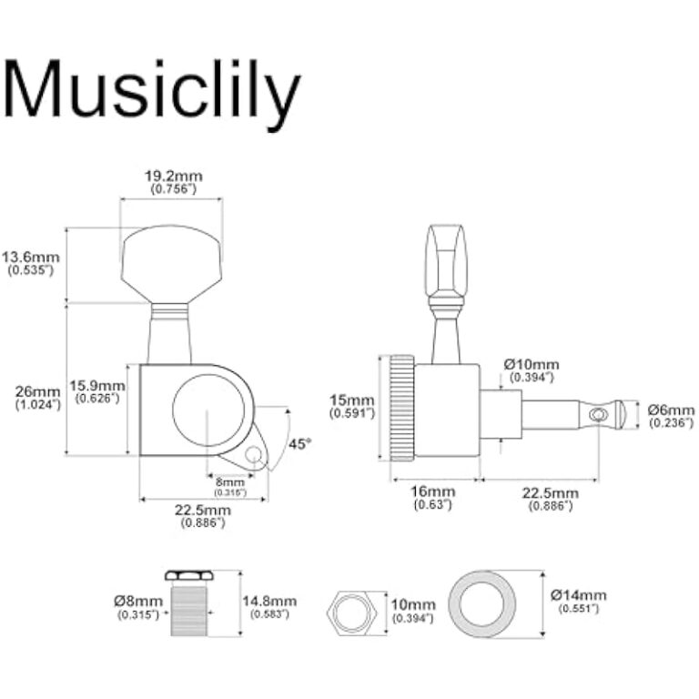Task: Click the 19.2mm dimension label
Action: [174, 177]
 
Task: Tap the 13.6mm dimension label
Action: [30, 258]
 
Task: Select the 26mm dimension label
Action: [38, 392]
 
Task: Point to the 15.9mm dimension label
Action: [97, 385]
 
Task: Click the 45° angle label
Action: [299, 444]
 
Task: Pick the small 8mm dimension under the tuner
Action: [230, 482]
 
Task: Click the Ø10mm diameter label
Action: [532, 364]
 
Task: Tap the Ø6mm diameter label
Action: [671, 410]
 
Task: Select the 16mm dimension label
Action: [433, 491]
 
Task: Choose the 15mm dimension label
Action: [351, 400]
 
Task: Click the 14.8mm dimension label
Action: [269, 601]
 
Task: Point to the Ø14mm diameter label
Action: [579, 595]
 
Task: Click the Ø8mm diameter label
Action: [138, 601]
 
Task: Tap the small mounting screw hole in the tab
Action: [254, 454]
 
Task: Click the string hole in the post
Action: [598, 415]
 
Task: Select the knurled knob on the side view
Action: [402, 408]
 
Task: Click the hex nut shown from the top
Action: [352, 613]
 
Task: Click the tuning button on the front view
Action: [171, 264]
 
